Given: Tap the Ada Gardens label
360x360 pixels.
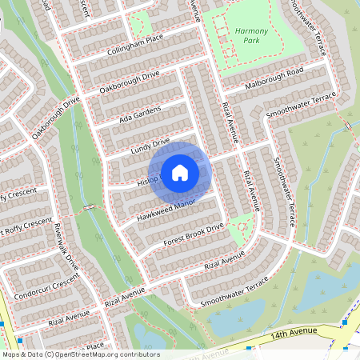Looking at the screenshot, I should click(140, 114).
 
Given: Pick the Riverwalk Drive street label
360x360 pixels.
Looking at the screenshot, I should click(66, 246).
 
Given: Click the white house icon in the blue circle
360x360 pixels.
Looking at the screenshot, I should click(180, 173).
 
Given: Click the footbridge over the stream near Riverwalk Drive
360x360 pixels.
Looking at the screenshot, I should click(89, 208).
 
